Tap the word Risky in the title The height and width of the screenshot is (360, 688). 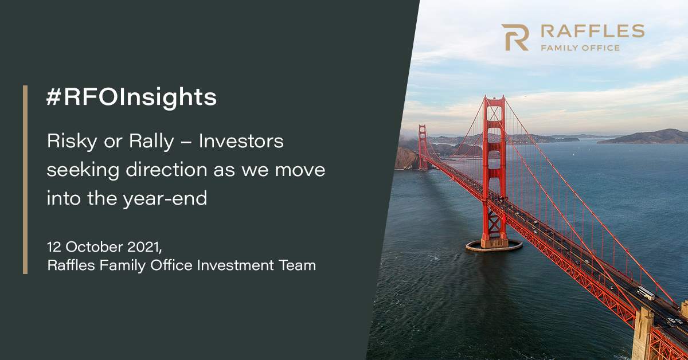[72, 142]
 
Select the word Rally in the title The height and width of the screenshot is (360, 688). [151, 142]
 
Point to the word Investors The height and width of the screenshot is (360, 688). [241, 141]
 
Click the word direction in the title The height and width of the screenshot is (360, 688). [166, 170]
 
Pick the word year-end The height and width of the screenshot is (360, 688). [165, 199]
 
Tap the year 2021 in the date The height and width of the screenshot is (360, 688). [144, 247]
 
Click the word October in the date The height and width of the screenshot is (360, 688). [94, 247]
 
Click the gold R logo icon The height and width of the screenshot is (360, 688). [515, 37]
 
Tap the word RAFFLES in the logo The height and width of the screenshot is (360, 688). [592, 31]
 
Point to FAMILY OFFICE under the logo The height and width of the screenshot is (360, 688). [580, 48]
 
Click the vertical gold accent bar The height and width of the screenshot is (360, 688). [25, 179]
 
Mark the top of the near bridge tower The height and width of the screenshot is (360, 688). [494, 97]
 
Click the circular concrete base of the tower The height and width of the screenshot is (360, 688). [494, 245]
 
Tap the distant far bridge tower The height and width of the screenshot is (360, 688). [423, 147]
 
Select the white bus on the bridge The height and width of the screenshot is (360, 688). [646, 293]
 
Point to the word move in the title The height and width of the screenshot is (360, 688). [300, 170]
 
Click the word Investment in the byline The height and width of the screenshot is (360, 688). [235, 265]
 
